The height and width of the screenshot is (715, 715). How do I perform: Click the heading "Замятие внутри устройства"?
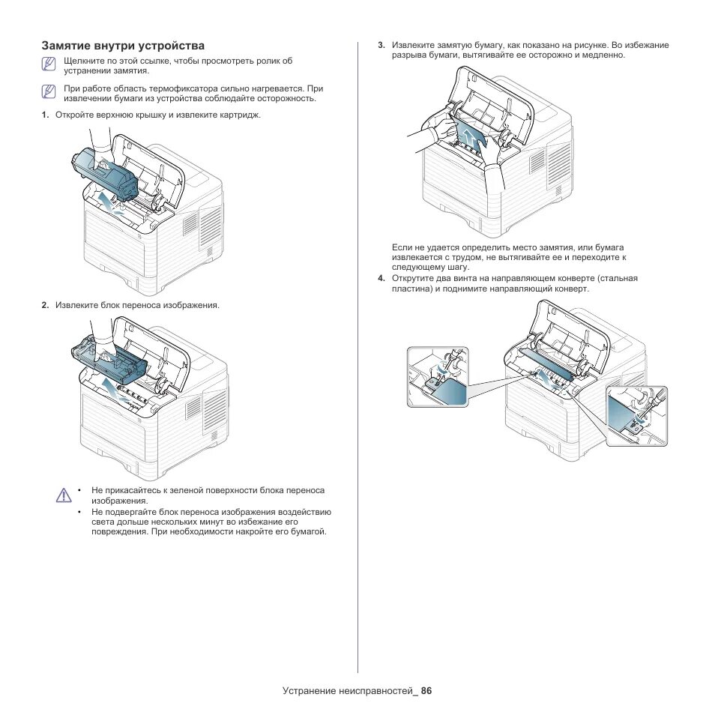point(123,46)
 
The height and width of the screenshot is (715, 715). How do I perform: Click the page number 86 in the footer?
point(427,690)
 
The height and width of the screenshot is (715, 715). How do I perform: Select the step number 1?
point(45,115)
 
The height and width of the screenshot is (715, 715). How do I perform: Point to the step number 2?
point(45,305)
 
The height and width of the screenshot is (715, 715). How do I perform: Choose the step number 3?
point(381,46)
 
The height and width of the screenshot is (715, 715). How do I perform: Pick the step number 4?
point(381,278)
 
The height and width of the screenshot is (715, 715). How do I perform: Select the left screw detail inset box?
point(438,377)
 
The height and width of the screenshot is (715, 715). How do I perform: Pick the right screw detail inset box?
point(636,416)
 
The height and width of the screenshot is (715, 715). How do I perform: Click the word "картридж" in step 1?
point(241,115)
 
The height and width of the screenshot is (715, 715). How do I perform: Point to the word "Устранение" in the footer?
point(310,690)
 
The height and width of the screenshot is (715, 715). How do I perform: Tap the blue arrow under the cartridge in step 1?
point(109,202)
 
